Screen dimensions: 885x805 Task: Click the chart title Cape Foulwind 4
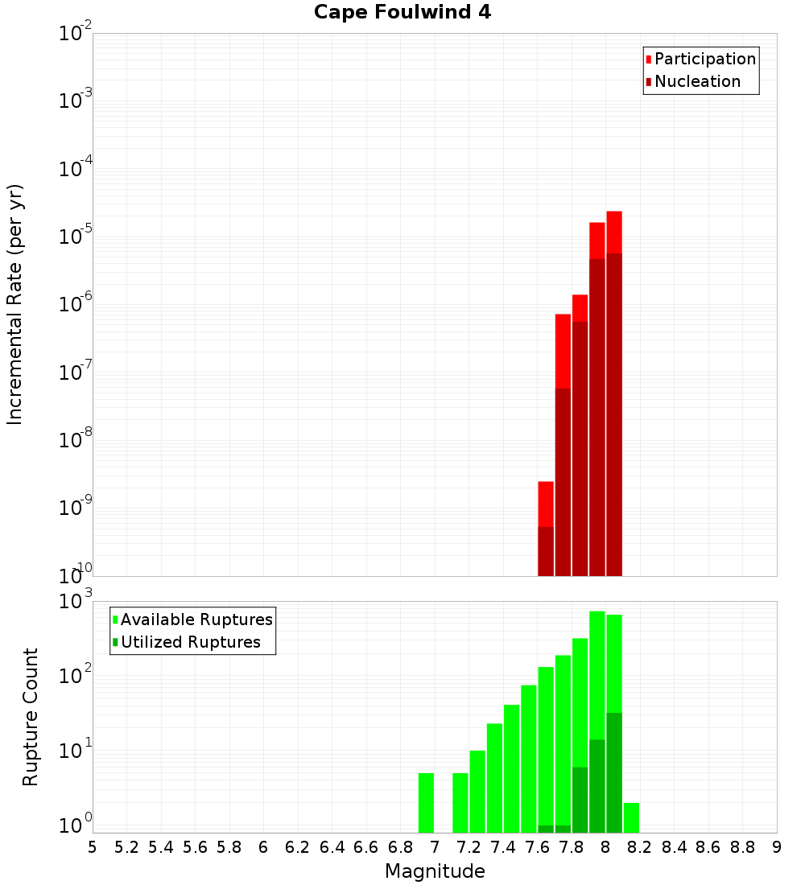[x=402, y=12]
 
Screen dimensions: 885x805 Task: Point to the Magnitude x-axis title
[x=435, y=871]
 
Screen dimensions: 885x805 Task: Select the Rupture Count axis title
[x=31, y=716]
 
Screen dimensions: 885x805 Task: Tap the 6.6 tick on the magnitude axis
[x=366, y=847]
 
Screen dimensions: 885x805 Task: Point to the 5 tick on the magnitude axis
[x=93, y=847]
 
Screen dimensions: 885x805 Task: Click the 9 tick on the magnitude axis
[x=777, y=847]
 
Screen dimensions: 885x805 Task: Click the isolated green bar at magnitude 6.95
[x=426, y=803]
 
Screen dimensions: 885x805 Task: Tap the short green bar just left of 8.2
[x=631, y=817]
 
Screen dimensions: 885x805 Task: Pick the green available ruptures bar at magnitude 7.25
[x=477, y=792]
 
